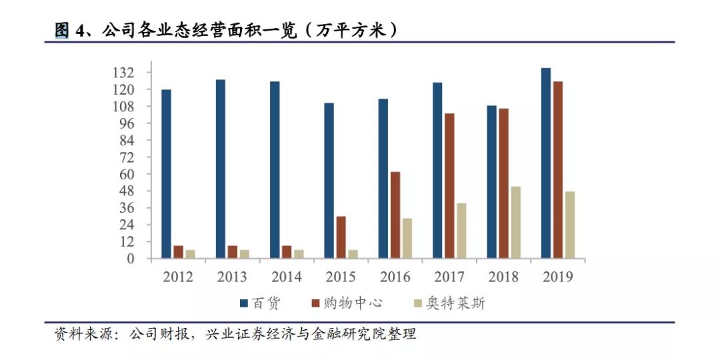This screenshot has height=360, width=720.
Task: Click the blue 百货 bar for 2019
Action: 546,163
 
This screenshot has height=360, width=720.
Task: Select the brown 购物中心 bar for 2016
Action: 395,215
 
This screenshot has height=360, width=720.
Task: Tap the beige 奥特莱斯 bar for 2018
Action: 515,223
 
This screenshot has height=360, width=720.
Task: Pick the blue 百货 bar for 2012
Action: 166,174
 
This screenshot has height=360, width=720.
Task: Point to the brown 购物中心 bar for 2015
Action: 341,237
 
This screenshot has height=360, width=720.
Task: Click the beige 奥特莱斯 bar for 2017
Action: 461,231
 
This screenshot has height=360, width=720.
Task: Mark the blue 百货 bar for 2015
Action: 329,181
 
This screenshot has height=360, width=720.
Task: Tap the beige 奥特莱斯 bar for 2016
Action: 407,239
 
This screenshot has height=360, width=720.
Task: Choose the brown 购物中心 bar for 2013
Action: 232,252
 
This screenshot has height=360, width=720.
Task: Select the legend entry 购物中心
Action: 348,303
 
